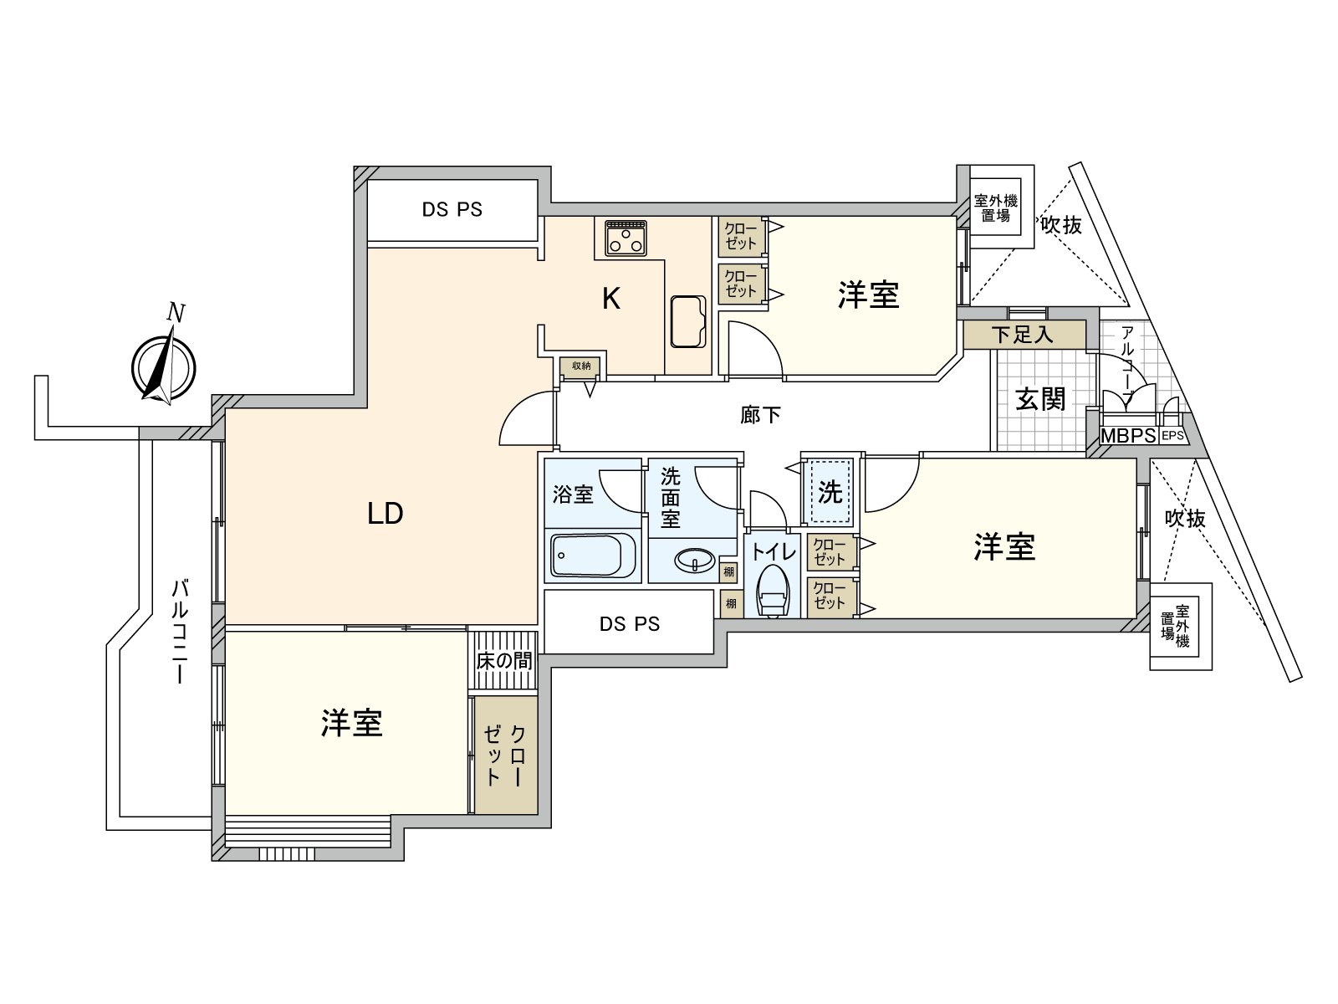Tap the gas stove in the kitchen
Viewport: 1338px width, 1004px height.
(626, 238)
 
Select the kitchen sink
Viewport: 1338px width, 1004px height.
(688, 322)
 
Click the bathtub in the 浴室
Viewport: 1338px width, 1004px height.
(593, 555)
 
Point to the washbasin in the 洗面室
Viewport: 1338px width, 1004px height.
(695, 560)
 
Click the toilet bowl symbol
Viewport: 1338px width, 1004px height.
(774, 591)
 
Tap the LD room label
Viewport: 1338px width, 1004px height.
(386, 514)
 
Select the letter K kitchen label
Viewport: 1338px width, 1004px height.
(611, 299)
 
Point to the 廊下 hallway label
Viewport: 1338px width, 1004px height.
(760, 415)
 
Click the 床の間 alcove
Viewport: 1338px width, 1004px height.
(503, 660)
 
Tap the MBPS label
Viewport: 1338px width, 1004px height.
(1128, 436)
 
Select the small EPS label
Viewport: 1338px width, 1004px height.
(1172, 436)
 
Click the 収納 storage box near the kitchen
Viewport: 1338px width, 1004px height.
(581, 366)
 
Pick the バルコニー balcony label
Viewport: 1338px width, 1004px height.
(180, 632)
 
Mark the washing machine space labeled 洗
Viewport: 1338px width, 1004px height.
(829, 491)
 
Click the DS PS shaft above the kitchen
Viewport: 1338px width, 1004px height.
(452, 210)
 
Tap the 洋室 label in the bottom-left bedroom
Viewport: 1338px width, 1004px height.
(352, 724)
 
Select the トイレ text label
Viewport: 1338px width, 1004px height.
(774, 551)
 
